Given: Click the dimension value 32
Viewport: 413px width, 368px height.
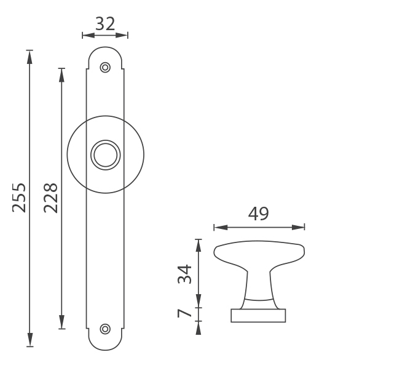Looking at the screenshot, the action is point(105,24).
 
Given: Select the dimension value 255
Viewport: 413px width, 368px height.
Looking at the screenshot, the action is point(19,198).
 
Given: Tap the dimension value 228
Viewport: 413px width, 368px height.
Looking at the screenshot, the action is point(50,198).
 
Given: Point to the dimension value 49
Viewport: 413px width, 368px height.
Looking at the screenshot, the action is point(258,214).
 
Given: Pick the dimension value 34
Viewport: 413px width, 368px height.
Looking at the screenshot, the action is point(184,274).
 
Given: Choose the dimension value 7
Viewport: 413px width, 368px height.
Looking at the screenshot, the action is point(184,313).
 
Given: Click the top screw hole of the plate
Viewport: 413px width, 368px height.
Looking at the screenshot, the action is point(105,68).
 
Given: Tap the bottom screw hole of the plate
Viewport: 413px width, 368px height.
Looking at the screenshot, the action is point(105,329).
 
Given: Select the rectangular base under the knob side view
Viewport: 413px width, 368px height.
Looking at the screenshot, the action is point(258,316).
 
